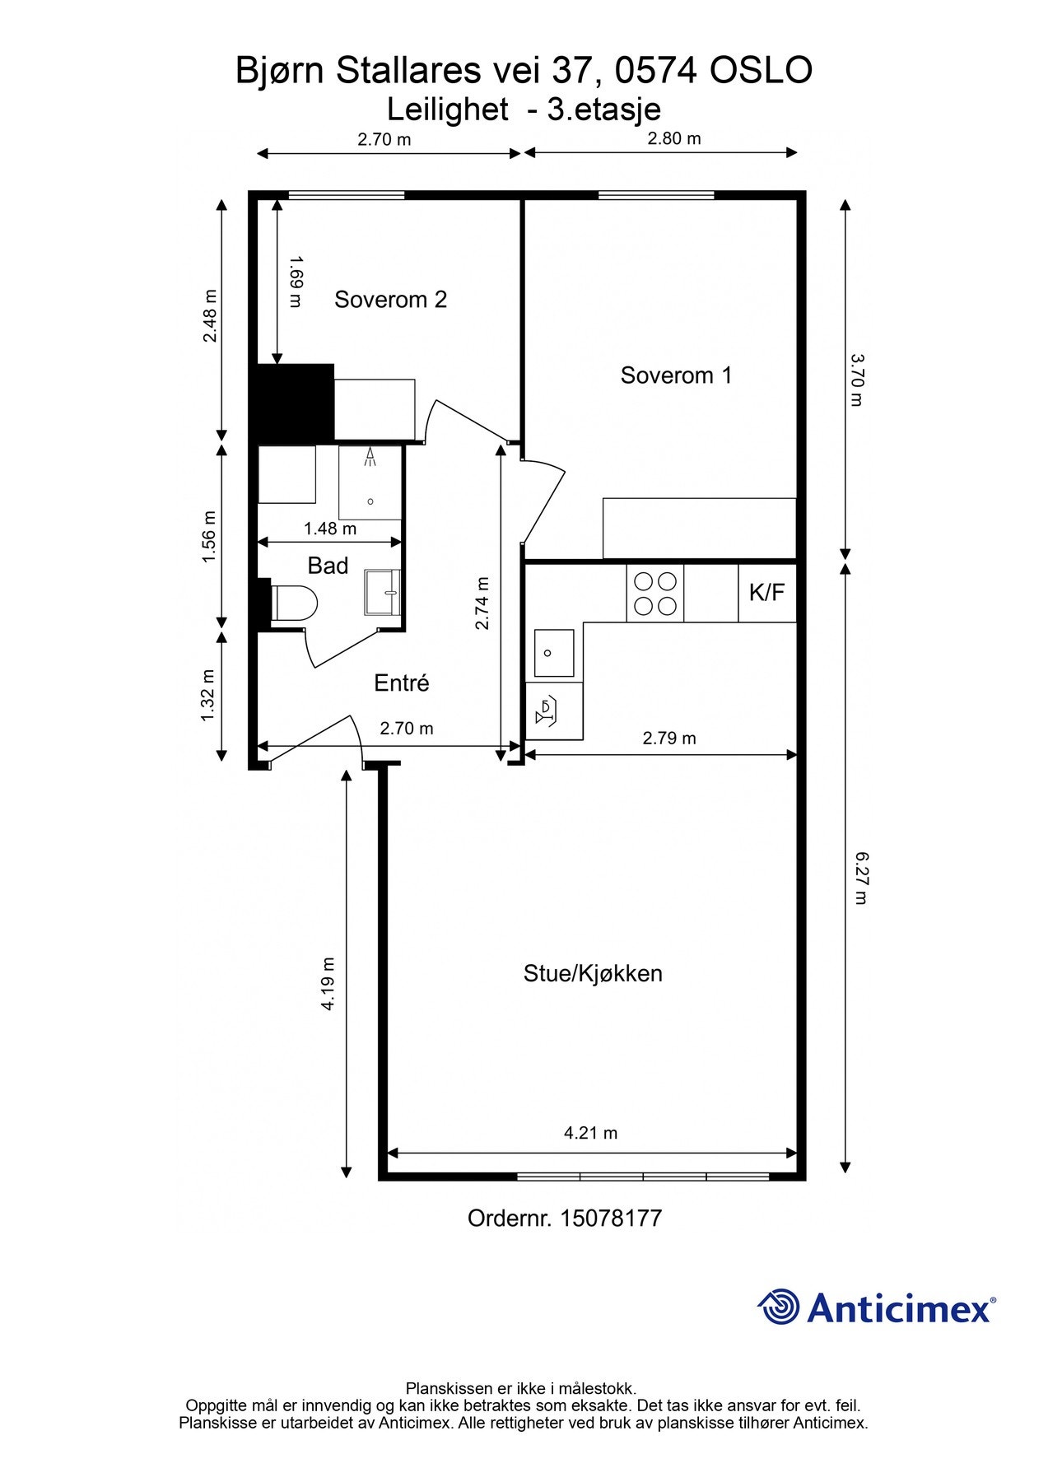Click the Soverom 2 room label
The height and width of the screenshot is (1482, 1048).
pos(390,300)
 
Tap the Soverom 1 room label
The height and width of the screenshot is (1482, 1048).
pos(676,375)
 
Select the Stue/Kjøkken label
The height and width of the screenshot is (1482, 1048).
pos(593,973)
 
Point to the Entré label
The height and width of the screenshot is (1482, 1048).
pos(401,683)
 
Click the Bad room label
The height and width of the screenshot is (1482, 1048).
pos(328,566)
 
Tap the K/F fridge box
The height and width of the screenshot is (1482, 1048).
pos(766,592)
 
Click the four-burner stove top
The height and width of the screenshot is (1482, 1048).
pos(655,594)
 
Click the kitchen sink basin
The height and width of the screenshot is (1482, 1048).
pos(554,653)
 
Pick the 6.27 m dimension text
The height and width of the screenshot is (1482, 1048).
pos(860,878)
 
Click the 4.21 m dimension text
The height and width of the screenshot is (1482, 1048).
pos(590,1133)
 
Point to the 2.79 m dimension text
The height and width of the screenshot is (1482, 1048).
pos(669,739)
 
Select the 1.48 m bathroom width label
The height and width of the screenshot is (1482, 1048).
pos(330,529)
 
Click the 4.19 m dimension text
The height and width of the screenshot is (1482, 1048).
pos(328,984)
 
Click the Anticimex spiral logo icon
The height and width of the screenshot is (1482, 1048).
pos(778,1307)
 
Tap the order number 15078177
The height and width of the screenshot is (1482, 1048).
pos(611,1219)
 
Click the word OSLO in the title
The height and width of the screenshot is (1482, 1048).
pos(761,71)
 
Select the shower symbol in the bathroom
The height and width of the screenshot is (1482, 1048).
pos(371,458)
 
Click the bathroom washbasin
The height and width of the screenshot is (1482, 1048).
pos(383,592)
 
